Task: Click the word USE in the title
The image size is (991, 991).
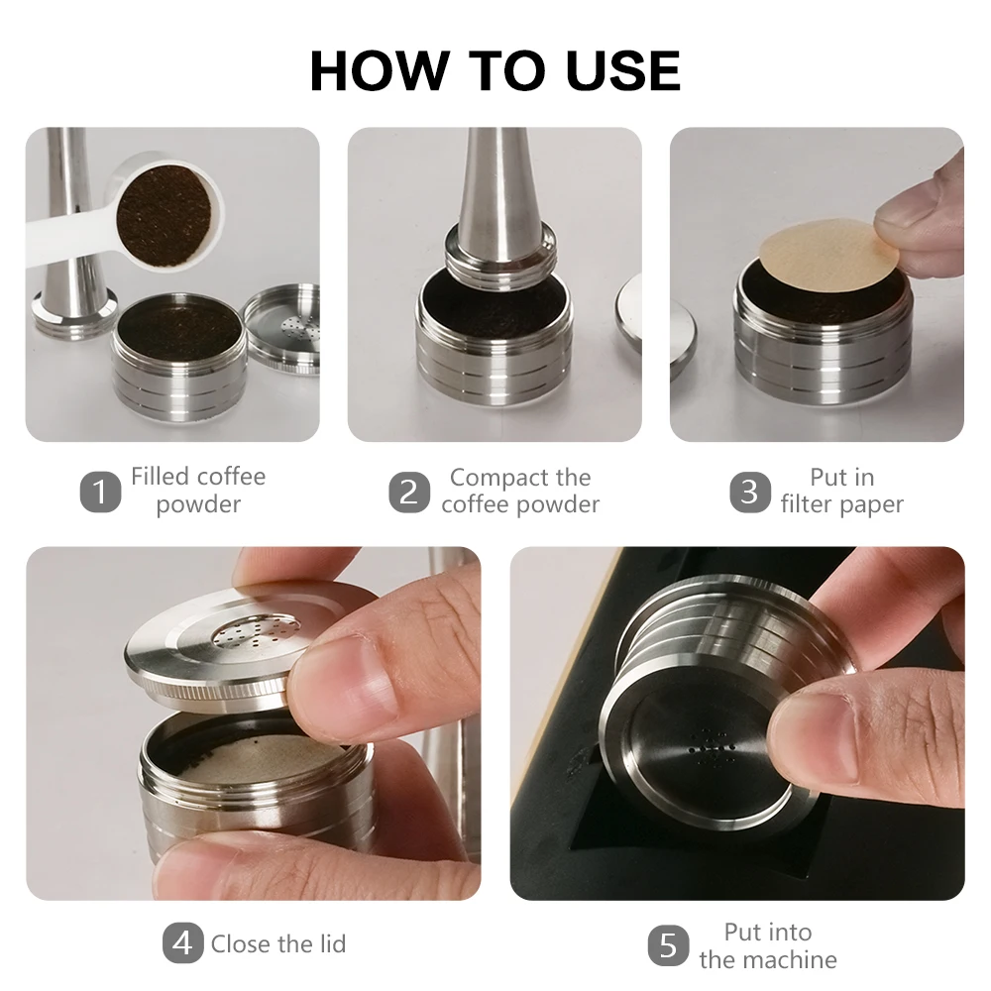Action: tap(623, 69)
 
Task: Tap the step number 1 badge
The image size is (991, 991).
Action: tap(100, 492)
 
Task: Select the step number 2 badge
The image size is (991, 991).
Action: tap(409, 492)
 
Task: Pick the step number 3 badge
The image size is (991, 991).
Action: tap(750, 492)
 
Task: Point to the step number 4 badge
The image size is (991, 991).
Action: tap(182, 943)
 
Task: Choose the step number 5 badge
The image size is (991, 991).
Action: tap(669, 946)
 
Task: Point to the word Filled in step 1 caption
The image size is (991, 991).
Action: tap(160, 477)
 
